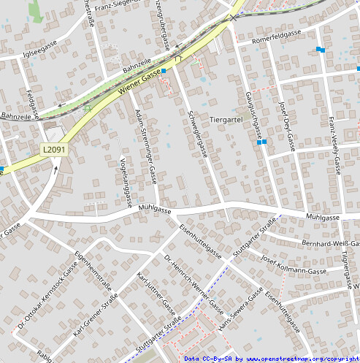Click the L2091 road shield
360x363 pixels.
(x=54, y=150)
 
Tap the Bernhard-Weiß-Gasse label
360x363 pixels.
(x=329, y=243)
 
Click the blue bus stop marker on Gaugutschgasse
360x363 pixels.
(x=262, y=142)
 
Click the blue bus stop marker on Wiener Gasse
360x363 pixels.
(x=164, y=71)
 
